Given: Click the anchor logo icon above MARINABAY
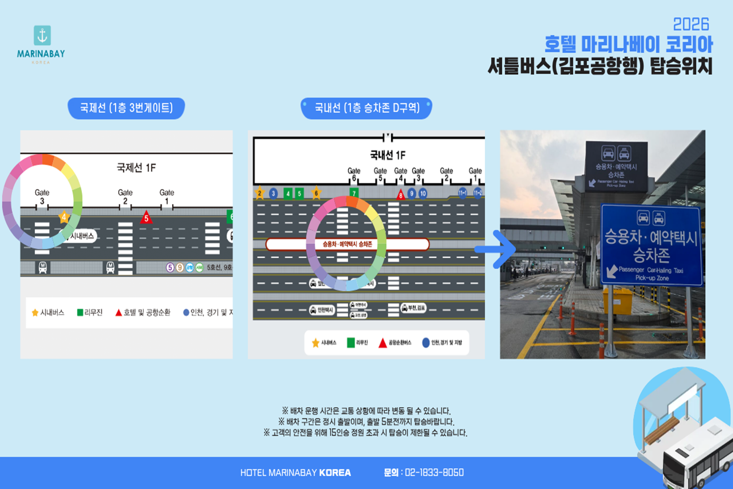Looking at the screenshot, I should tap(42, 35).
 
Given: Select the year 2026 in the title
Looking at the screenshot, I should tap(691, 24).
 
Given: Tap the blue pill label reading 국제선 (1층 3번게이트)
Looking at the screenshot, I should tap(126, 108).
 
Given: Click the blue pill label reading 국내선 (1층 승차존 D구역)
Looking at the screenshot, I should tap(366, 108).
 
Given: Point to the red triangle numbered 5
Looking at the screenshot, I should tap(146, 217).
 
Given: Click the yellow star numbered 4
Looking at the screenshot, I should tap(64, 217).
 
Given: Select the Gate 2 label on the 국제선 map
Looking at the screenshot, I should tap(125, 196).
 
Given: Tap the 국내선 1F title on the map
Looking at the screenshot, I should tap(388, 155).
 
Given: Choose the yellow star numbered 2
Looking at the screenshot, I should tap(259, 193).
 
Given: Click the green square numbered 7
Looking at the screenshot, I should tap(354, 193).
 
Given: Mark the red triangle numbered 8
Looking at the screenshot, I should tap(401, 195).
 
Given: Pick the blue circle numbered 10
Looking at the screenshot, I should tap(423, 193).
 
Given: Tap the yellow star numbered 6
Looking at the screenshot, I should tap(316, 193).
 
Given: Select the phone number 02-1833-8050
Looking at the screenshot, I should tap(434, 473).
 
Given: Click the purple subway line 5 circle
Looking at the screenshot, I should tap(170, 267).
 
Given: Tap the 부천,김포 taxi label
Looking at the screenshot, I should tap(414, 308).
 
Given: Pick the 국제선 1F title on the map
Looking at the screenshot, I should tap(136, 168).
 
